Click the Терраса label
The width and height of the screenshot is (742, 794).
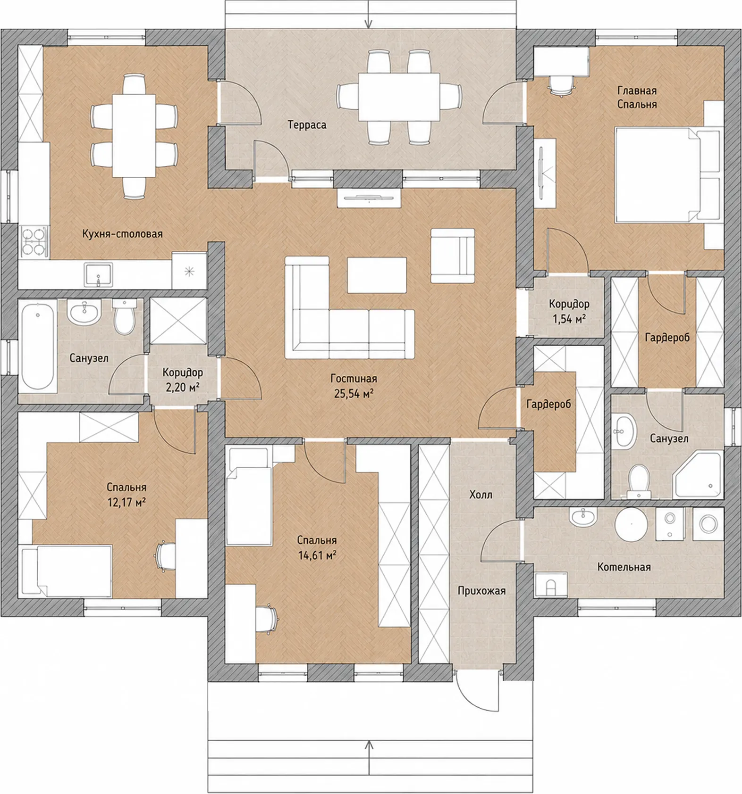point(307,125)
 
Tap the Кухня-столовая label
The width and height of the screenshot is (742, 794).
point(122,233)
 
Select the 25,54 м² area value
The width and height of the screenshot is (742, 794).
point(354,393)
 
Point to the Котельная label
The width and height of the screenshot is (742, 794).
point(624,567)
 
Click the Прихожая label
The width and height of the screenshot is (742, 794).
point(481,591)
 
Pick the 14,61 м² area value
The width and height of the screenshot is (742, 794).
point(317,555)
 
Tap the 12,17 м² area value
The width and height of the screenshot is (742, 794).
point(126,502)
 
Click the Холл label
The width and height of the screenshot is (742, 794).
point(481,495)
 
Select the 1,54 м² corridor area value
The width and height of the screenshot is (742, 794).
point(569,319)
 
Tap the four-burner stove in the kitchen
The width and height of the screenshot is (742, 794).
point(34,242)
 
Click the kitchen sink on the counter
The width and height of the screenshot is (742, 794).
point(98,275)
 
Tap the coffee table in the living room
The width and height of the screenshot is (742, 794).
point(377,275)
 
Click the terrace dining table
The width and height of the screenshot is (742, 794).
point(399,97)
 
